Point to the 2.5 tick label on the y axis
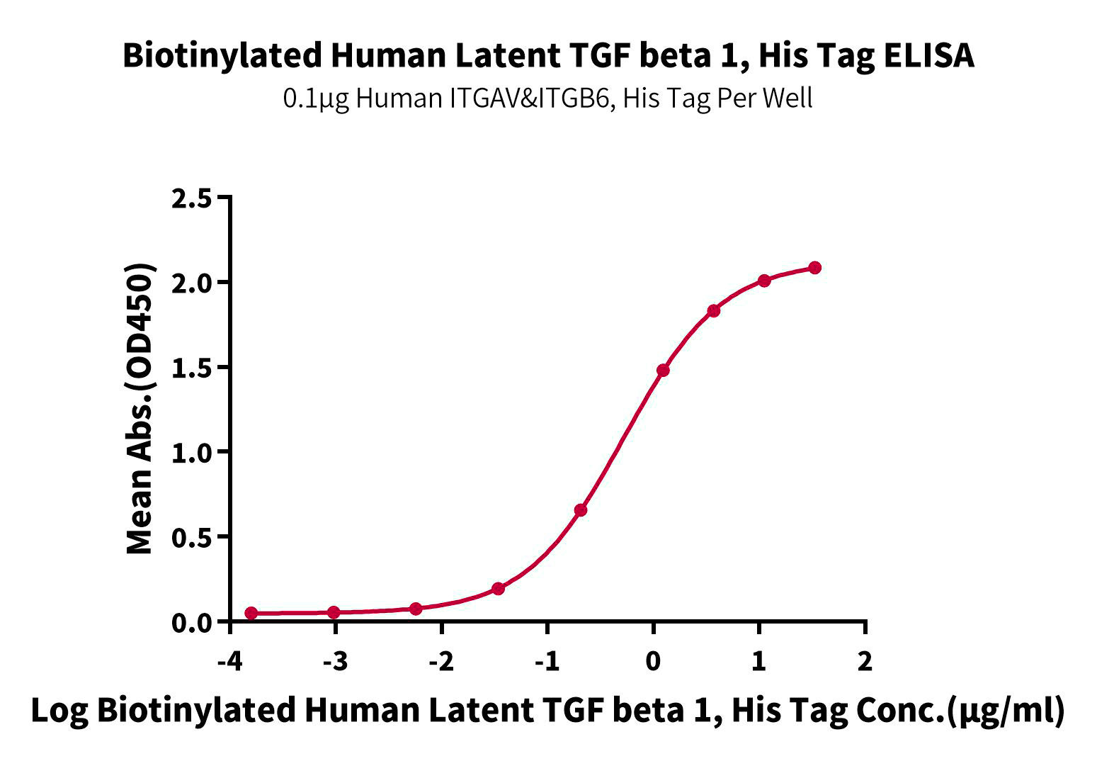point(192,198)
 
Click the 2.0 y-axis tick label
point(192,283)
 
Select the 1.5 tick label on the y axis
point(192,368)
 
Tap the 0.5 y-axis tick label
point(192,538)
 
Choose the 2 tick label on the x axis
point(865,662)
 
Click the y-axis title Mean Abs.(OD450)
point(140,410)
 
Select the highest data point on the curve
point(814,268)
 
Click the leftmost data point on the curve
point(251,613)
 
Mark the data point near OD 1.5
point(663,370)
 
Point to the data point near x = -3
point(334,612)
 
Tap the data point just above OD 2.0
point(763,281)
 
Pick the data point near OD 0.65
point(581,510)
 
